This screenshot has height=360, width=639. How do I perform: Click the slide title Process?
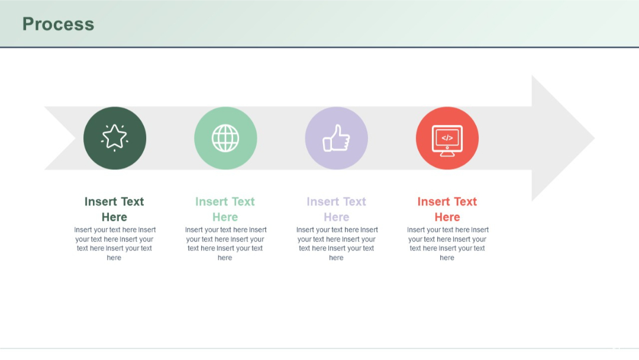58,24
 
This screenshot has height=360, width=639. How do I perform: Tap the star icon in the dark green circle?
115,137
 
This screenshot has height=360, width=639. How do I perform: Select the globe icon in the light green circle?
225,138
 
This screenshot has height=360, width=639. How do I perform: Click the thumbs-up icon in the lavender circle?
336,138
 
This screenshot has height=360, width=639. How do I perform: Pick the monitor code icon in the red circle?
447,140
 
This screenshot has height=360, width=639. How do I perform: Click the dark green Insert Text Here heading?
114,209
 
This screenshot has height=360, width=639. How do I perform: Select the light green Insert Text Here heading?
225,209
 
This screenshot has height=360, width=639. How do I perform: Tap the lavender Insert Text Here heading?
336,209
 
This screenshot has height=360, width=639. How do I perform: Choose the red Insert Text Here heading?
447,209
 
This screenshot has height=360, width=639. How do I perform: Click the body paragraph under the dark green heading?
114,243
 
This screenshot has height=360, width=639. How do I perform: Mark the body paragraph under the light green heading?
225,243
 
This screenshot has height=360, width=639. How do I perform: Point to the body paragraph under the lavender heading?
336,243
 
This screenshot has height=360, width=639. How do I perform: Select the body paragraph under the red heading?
447,243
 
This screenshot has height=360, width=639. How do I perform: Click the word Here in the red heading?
447,217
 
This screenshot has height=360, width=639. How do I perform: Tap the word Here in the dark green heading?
114,217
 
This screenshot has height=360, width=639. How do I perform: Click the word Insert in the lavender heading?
322,202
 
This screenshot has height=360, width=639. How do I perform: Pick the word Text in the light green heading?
243,202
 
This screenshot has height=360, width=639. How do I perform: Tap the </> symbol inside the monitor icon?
447,138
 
